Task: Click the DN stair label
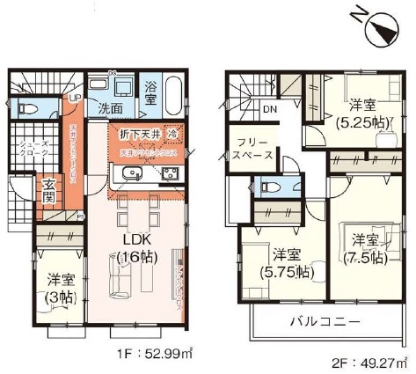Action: coord(269,110)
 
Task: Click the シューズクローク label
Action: coord(27,154)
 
